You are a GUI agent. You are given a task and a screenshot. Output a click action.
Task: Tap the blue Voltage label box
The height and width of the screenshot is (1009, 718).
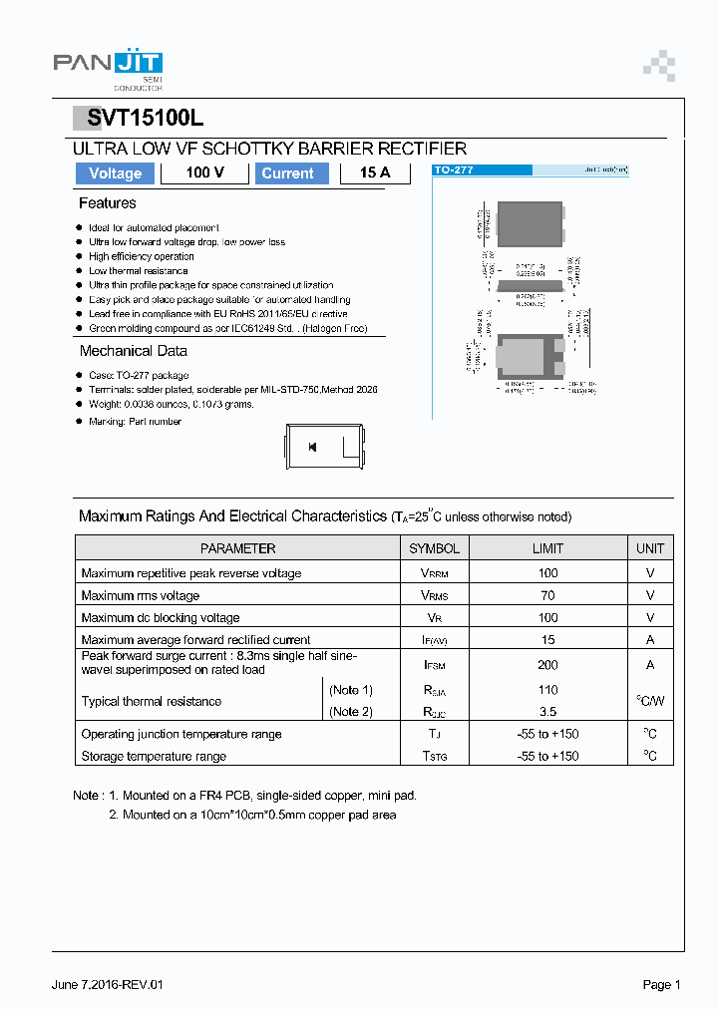point(116,173)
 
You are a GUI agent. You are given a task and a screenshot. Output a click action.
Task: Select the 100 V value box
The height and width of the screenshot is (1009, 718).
point(204,173)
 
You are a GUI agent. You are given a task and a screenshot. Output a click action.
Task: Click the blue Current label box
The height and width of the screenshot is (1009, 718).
point(287,173)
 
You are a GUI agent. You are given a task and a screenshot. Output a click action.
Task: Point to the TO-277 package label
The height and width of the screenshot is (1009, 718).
point(454,170)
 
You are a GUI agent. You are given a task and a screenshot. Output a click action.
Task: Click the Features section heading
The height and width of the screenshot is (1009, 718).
point(107,203)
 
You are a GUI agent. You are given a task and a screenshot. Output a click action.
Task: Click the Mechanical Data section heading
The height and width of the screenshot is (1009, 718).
point(133,351)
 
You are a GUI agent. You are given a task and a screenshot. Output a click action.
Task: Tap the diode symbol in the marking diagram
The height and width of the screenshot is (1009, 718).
point(313,448)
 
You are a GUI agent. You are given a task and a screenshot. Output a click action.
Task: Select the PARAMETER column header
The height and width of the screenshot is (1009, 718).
point(237,548)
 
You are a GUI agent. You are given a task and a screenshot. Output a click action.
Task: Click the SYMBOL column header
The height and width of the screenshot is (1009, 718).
point(434,548)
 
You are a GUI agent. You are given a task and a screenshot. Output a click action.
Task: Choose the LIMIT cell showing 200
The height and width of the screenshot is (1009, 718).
point(547,665)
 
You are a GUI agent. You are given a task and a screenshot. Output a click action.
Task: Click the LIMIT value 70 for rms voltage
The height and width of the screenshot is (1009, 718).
point(547,595)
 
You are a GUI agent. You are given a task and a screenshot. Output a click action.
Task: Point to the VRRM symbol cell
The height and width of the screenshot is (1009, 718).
point(434,573)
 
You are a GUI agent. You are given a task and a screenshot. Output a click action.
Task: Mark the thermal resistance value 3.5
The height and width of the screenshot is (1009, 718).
point(547,712)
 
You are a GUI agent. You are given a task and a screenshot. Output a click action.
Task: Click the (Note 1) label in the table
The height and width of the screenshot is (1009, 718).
point(351,690)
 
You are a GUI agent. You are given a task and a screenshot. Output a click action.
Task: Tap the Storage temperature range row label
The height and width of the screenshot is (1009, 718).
point(154,756)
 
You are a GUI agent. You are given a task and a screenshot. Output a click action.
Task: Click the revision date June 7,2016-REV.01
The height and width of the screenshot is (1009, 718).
point(107,985)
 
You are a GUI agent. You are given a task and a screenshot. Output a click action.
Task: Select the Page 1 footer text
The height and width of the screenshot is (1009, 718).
point(661,985)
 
